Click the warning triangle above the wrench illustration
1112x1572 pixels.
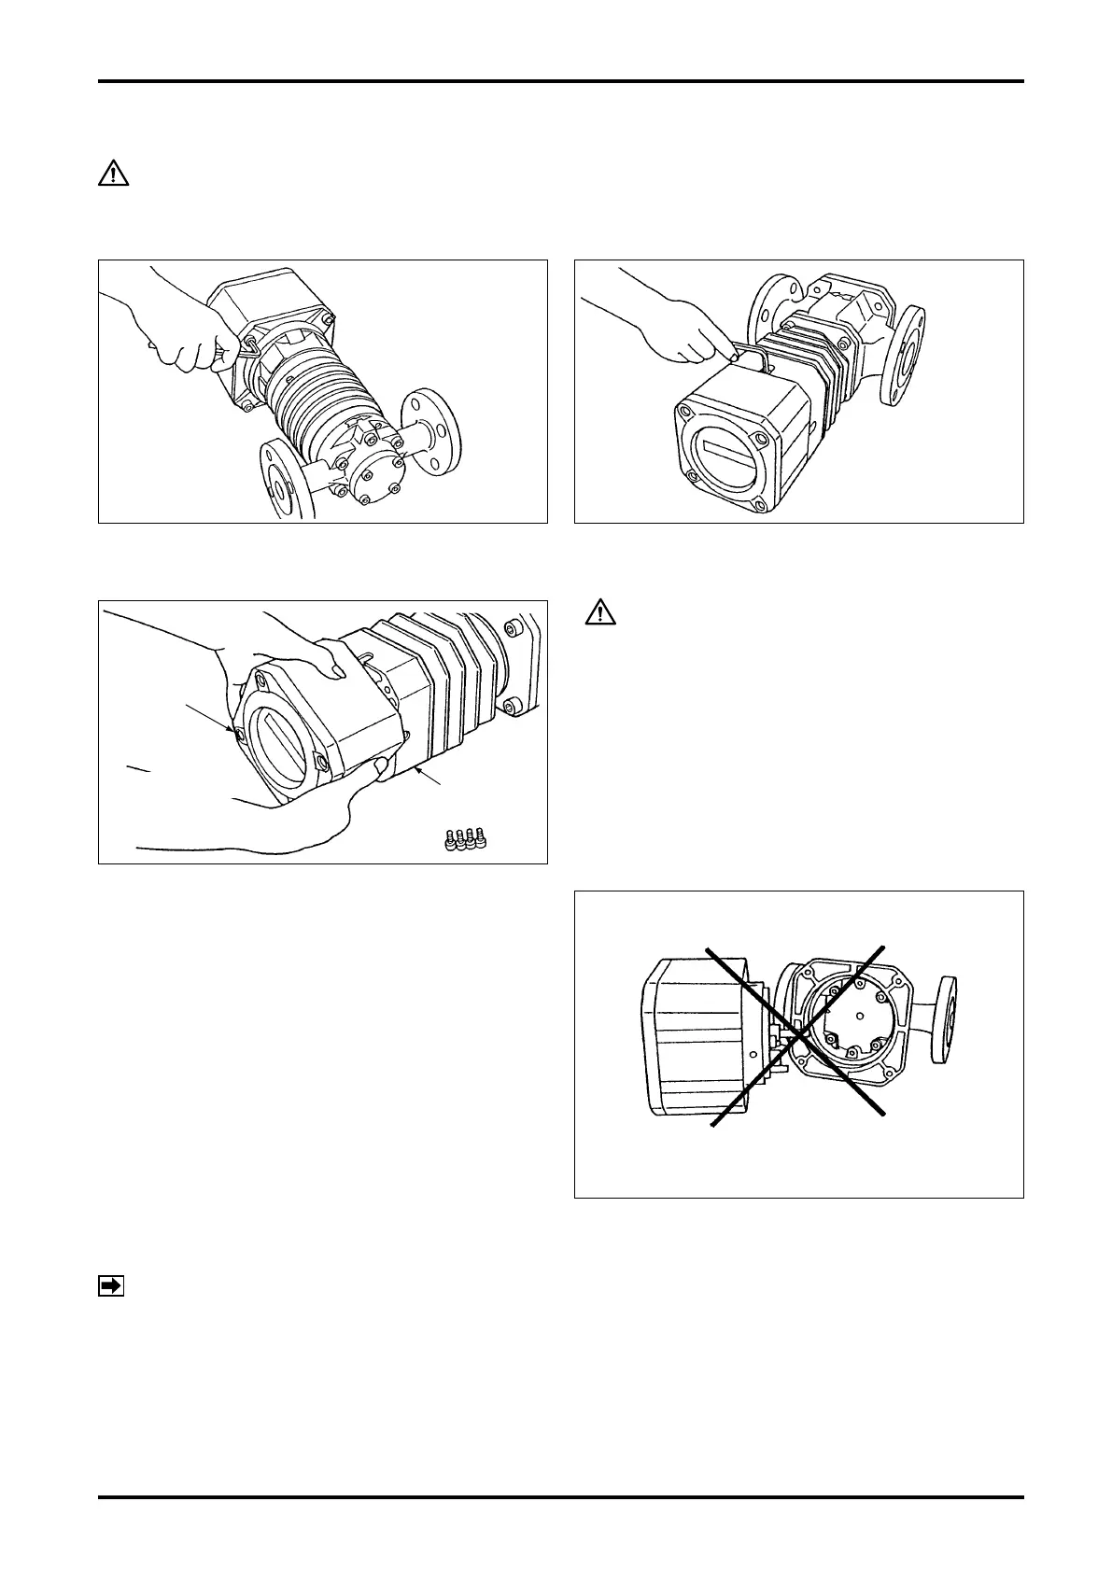113,175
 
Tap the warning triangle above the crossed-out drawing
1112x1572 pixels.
598,613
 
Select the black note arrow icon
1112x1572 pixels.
110,1286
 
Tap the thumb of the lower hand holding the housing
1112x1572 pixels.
380,768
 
